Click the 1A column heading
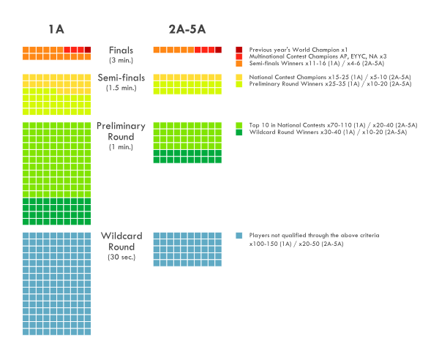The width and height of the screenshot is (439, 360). point(56,29)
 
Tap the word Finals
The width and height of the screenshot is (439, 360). point(121,50)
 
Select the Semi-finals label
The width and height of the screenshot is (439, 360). point(121,78)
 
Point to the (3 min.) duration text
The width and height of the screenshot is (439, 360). point(121,60)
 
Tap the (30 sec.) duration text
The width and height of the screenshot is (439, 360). point(121,257)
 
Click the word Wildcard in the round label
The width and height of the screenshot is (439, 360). point(121,236)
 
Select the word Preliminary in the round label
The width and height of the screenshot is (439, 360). point(121,126)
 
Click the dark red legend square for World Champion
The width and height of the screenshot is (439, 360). point(239,49)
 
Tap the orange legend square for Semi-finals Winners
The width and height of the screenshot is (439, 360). point(239,64)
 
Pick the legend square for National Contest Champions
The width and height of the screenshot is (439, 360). point(239,77)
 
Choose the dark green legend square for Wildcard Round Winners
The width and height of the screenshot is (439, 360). point(239,132)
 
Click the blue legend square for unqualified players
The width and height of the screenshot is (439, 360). point(239,236)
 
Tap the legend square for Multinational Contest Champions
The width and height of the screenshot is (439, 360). point(239,56)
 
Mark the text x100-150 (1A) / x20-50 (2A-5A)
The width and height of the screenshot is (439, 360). point(296,243)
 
